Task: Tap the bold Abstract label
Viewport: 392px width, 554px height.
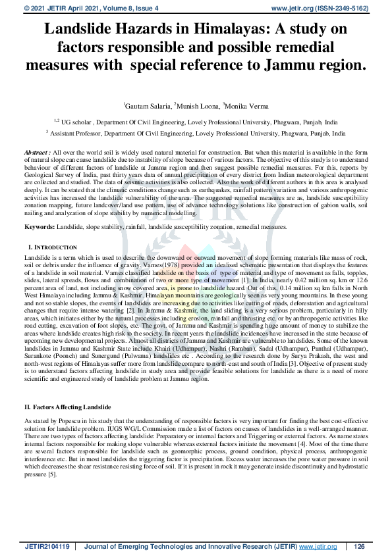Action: [x=36, y=151]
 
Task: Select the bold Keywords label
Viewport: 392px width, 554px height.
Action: [x=40, y=226]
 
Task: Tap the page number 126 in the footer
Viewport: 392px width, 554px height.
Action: [x=359, y=546]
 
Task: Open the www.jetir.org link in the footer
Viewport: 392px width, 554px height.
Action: [x=318, y=546]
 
